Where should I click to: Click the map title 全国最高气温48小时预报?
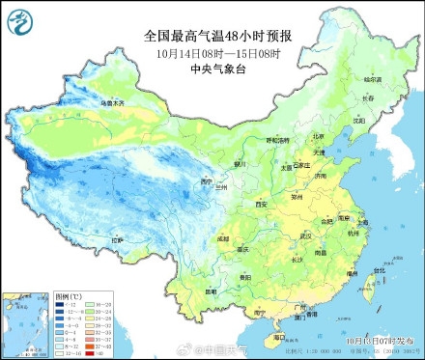pos(217,36)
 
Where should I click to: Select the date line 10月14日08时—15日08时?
pos(217,52)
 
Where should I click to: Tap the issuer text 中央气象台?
pos(217,69)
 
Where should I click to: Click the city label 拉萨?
pos(117,238)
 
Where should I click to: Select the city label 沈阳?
pos(359,122)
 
